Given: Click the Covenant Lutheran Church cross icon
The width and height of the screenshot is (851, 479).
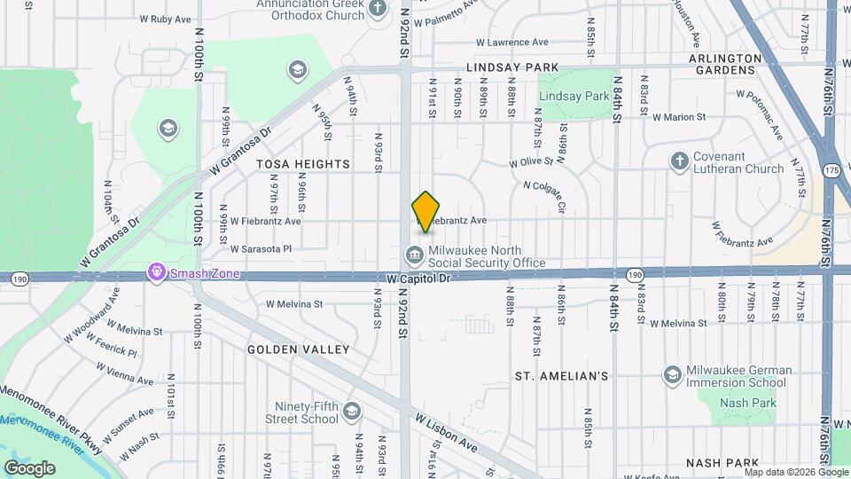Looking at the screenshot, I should [680, 161].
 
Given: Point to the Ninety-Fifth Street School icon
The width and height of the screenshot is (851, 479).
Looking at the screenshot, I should [353, 411].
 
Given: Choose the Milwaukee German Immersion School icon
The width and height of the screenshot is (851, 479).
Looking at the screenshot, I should [672, 375].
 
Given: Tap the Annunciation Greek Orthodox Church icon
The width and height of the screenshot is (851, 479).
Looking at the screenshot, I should [379, 9].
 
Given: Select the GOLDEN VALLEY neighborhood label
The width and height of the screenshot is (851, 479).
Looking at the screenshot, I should [299, 349].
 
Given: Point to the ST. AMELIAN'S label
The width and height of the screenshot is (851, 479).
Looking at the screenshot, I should [562, 376].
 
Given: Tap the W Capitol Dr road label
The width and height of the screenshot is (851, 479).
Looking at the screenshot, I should [420, 279].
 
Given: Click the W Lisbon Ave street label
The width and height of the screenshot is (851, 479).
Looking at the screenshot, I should [446, 432].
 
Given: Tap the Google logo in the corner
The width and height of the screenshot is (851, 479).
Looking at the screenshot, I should [29, 467].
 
